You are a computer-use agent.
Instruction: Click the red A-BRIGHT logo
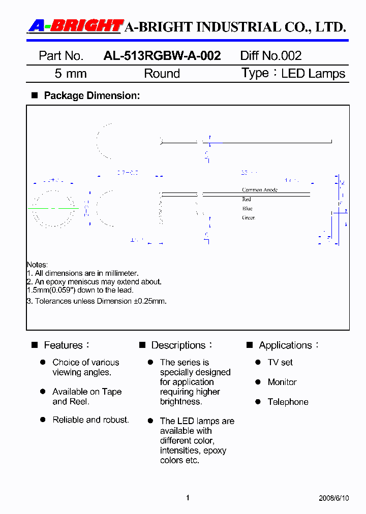coord(75,26)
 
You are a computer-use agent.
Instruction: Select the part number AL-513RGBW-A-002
coord(162,56)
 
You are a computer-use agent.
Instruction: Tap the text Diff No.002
coord(270,56)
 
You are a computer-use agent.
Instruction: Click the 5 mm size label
coord(71,74)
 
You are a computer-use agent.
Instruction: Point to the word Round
coord(162,74)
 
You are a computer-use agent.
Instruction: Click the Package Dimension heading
coord(91,95)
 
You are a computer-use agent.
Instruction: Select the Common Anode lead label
coord(259,190)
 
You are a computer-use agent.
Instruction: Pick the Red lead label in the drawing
coord(247,200)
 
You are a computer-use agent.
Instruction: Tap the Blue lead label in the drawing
coord(247,209)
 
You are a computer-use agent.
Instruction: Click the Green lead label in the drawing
coord(248,218)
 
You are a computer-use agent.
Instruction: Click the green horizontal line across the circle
coord(53,208)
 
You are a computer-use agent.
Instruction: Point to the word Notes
coord(37,265)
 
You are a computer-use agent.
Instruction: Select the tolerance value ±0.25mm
coord(150,301)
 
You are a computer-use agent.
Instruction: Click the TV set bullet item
coord(280,363)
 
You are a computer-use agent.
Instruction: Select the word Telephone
coord(288,402)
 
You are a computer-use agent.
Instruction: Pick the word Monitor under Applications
coord(282,382)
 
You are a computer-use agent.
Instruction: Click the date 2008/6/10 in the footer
coord(334,498)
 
